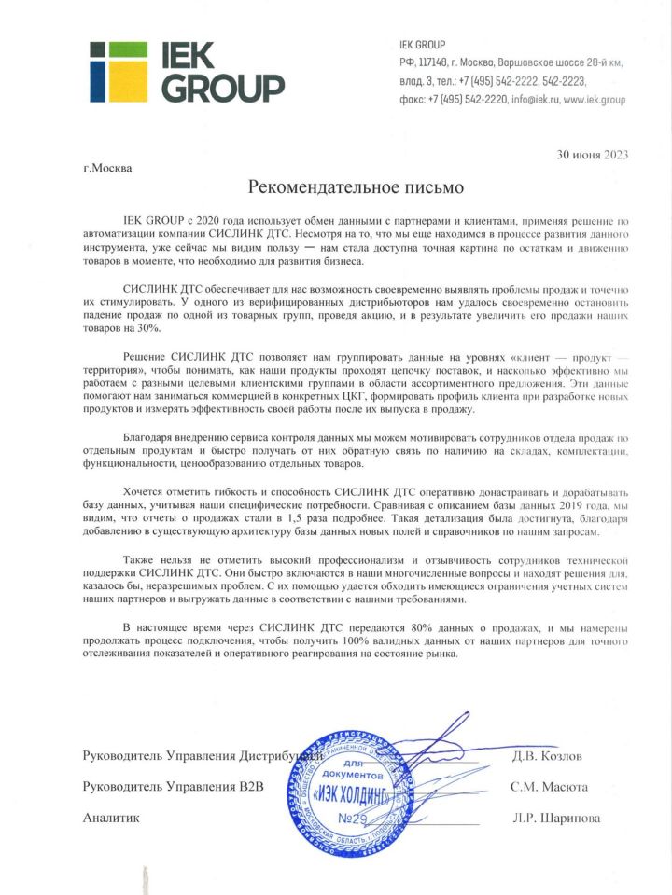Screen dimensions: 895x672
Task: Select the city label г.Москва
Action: coord(107,169)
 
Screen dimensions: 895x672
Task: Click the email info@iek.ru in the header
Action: coord(533,99)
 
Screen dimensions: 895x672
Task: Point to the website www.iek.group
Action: coord(595,99)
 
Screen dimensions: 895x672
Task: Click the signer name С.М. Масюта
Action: coord(550,787)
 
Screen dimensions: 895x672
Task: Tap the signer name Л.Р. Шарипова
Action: coord(555,819)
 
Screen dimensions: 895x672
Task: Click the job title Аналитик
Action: coord(111,819)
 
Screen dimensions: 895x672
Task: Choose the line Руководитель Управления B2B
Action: coord(174,787)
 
